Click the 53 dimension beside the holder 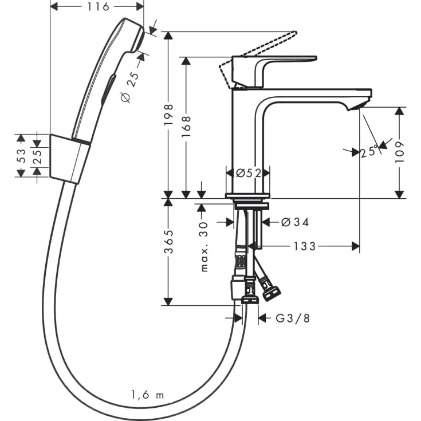pyautogui.click(x=21, y=156)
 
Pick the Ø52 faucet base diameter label pyautogui.click(x=248, y=172)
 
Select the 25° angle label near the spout pyautogui.click(x=369, y=152)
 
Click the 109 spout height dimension pyautogui.click(x=400, y=152)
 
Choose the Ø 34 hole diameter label pyautogui.click(x=296, y=222)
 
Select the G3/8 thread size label pyautogui.click(x=293, y=318)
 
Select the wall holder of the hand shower pyautogui.click(x=70, y=159)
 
